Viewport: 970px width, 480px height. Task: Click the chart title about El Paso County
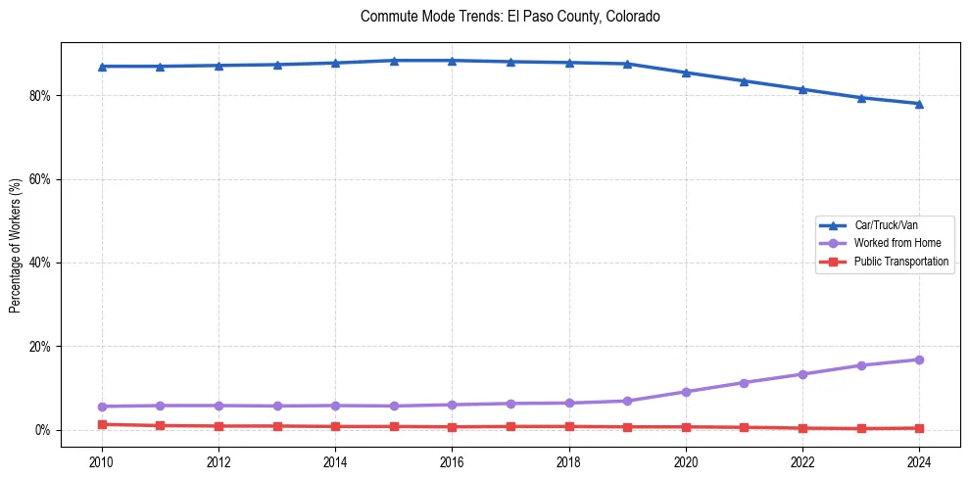(x=509, y=17)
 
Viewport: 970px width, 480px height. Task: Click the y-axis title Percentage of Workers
(x=16, y=246)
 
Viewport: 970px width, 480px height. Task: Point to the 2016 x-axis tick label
(x=452, y=460)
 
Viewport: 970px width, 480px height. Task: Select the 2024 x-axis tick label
(x=919, y=460)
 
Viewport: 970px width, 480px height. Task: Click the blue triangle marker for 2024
(x=919, y=103)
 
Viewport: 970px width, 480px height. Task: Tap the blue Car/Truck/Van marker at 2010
(x=102, y=66)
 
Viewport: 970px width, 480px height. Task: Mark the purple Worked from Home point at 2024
(x=919, y=360)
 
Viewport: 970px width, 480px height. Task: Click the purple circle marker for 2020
(x=686, y=392)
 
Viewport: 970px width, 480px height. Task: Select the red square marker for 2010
(x=102, y=424)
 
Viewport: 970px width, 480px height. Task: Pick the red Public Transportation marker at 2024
(x=919, y=428)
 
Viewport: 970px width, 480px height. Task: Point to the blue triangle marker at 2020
(x=686, y=72)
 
